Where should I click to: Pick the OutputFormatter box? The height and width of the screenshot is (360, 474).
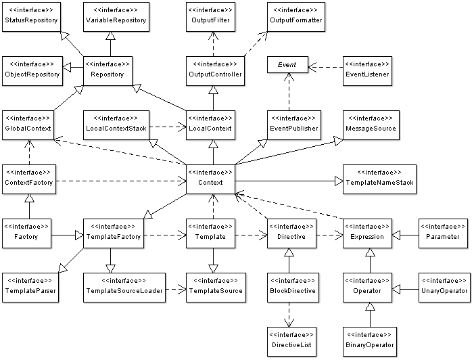295,16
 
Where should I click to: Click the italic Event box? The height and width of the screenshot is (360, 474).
287,64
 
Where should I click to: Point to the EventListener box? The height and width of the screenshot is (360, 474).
367,70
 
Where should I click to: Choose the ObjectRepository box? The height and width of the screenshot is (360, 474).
32,70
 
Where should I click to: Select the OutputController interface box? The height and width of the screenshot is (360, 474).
214,70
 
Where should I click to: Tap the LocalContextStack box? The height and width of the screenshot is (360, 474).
116,125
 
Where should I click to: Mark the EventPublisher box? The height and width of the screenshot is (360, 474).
293,125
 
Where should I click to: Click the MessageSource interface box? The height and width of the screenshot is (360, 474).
370,125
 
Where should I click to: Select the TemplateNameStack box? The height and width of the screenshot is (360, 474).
379,179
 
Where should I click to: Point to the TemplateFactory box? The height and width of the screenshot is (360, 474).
113,233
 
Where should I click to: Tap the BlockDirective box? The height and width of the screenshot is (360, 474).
291,287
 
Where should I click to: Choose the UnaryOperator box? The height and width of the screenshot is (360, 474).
444,287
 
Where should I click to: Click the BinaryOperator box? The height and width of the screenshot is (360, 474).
369,341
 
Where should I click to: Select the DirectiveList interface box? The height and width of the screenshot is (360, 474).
291,341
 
